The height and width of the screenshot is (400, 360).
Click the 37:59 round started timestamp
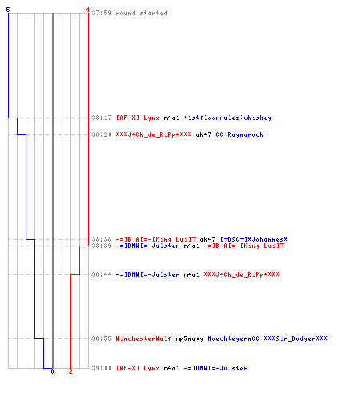[x=102, y=13]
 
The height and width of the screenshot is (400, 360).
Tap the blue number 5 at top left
[x=8, y=10]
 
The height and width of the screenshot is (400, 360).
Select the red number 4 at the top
[x=87, y=10]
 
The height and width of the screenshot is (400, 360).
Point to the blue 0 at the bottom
[x=52, y=371]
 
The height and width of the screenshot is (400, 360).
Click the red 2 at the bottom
[x=70, y=371]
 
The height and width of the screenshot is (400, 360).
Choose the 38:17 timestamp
[x=102, y=118]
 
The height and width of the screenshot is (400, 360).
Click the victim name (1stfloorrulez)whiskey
[x=228, y=118]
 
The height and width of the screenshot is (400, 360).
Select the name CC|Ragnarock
[x=239, y=134]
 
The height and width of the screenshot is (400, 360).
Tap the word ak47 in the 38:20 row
[x=203, y=134]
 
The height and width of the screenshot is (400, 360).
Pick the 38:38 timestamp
[x=102, y=239]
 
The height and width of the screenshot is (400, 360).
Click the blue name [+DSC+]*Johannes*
[x=254, y=239]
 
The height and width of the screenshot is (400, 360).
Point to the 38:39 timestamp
[x=102, y=246]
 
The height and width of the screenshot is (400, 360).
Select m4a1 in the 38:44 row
[x=191, y=274]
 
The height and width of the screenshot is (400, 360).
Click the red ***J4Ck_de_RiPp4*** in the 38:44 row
[x=242, y=274]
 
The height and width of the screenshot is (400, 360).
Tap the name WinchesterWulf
[x=143, y=338]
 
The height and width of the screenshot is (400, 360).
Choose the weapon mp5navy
[x=190, y=338]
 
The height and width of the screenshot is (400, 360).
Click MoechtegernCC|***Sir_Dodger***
[x=267, y=338]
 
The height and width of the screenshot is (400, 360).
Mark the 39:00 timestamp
[x=102, y=368]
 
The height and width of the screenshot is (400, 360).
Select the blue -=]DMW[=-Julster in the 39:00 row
[x=215, y=368]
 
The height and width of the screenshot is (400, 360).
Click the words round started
[x=142, y=13]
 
